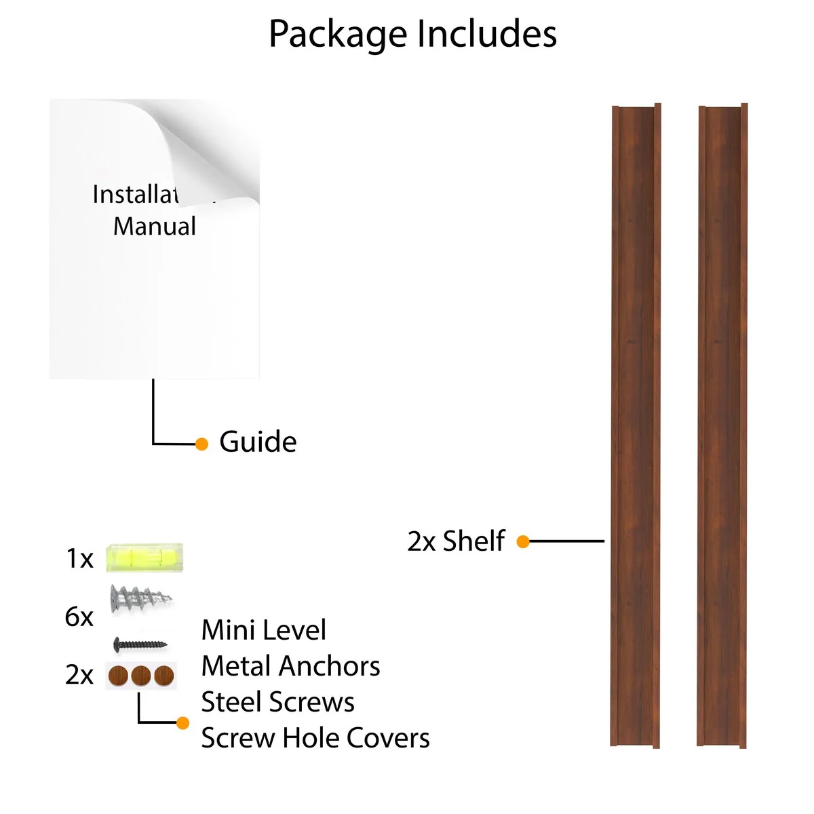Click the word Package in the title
(x=337, y=35)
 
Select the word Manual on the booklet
(x=155, y=227)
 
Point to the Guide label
(x=258, y=442)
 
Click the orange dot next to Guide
(x=201, y=444)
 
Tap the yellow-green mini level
(x=144, y=558)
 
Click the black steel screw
(x=140, y=644)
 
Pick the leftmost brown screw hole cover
(x=119, y=676)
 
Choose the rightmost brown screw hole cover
(x=164, y=676)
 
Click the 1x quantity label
(x=79, y=559)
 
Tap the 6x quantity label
(x=79, y=617)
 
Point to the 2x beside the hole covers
(x=79, y=676)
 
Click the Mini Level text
(x=264, y=630)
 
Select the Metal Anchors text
(x=290, y=666)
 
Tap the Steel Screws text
(x=278, y=702)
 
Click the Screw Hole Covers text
(x=315, y=738)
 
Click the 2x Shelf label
(x=456, y=541)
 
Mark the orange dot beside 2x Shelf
(x=523, y=541)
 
